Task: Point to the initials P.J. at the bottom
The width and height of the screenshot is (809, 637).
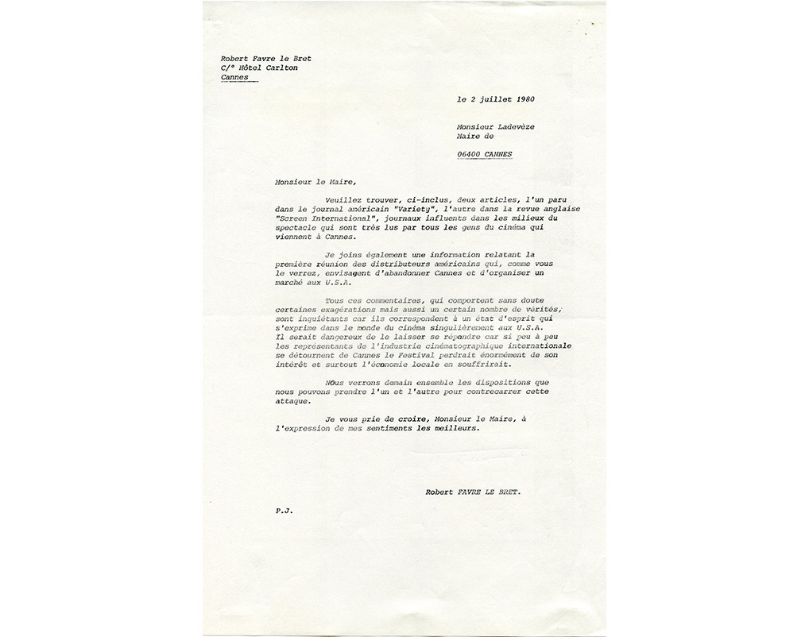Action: tap(284, 512)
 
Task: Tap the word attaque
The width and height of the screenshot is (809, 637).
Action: tap(292, 401)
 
